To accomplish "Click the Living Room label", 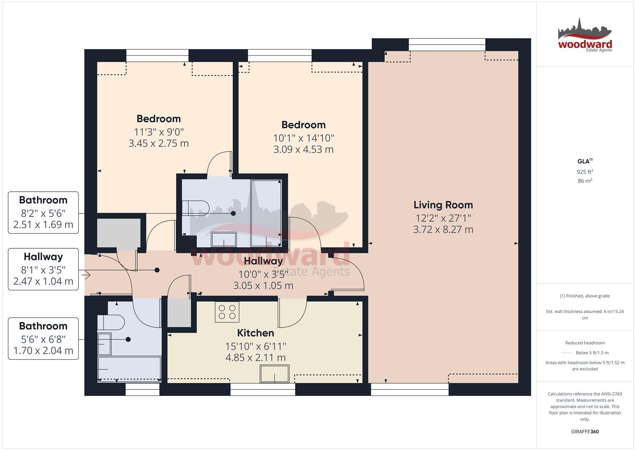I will (443, 205).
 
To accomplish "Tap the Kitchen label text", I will (255, 333).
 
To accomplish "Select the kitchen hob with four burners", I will (227, 312).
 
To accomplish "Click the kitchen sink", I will (274, 373).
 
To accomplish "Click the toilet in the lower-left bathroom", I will (111, 323).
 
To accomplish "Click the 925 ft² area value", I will (585, 172).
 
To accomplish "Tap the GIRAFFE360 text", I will (585, 432).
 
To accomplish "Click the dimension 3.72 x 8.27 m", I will (443, 230).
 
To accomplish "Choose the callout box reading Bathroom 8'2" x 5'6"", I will (43, 212).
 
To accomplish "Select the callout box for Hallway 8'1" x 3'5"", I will (43, 269).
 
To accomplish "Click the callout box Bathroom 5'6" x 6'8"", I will (43, 338).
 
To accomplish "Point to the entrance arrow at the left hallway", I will (87, 275).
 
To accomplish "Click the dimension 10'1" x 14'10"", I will (303, 138).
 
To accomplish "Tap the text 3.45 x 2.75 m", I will (159, 144).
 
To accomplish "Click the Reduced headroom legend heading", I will (585, 343).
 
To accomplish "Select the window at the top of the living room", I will (446, 44).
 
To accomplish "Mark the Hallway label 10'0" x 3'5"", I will (263, 273).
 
